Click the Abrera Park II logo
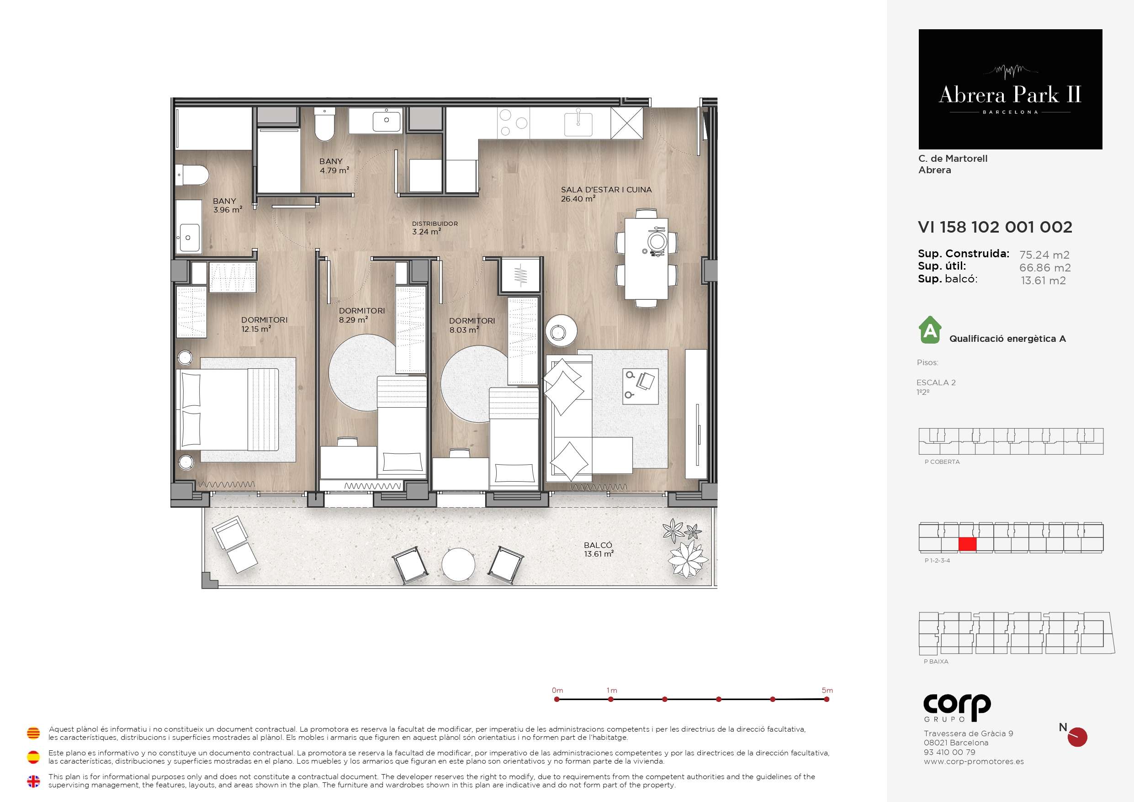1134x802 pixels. click(1010, 90)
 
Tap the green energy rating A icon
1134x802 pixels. click(930, 329)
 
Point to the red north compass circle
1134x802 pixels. click(1077, 737)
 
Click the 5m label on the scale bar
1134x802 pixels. click(827, 690)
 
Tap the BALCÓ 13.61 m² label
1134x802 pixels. click(599, 549)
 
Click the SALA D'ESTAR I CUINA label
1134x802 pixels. click(606, 190)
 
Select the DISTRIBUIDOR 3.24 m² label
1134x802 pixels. click(435, 228)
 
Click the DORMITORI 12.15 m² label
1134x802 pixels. click(264, 324)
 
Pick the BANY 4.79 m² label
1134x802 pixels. click(334, 166)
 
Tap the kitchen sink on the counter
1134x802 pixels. click(578, 123)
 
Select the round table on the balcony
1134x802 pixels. click(458, 564)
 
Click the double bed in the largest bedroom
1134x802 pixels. click(228, 409)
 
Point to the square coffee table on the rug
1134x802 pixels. click(641, 387)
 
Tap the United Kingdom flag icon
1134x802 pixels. click(33, 781)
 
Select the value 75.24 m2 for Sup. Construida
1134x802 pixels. click(1044, 255)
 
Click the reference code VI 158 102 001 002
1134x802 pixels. click(995, 227)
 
